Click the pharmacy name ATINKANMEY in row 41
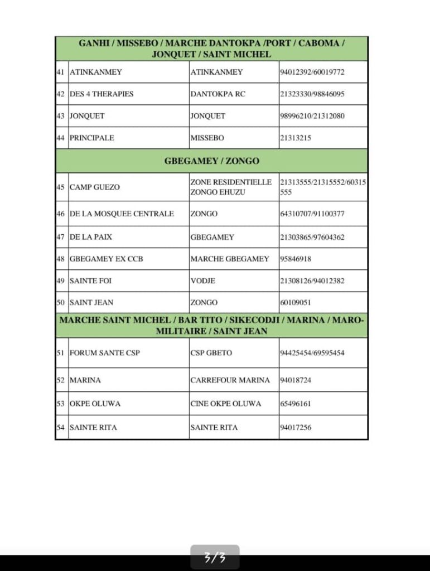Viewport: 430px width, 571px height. pos(96,72)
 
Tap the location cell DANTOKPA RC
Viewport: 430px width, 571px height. pos(218,94)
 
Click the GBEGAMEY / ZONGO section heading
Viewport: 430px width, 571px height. pos(211,161)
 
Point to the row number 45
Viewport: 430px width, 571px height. pos(61,187)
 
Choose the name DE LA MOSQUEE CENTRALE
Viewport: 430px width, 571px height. pos(122,214)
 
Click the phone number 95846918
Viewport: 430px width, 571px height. pos(296,259)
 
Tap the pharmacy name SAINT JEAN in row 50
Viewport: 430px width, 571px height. pos(91,302)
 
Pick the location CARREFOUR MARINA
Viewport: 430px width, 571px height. pos(230,380)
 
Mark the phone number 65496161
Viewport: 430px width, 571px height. pos(296,403)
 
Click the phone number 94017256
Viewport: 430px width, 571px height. pos(296,428)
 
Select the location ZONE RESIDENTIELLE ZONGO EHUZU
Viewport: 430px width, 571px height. pos(231,187)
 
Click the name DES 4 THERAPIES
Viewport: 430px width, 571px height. pos(102,94)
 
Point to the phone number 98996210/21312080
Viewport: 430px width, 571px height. pos(312,116)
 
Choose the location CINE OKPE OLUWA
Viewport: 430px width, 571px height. pos(225,403)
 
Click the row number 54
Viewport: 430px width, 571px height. pos(61,428)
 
